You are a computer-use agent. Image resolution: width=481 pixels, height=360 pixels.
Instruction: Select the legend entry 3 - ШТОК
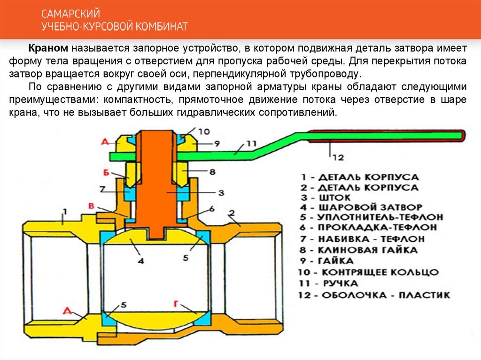[324, 198]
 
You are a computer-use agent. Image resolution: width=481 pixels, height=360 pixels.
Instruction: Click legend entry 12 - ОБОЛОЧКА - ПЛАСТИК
[374, 295]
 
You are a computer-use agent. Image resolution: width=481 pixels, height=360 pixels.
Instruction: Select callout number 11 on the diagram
[252, 143]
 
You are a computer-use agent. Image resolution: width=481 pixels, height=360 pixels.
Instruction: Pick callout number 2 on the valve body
[232, 214]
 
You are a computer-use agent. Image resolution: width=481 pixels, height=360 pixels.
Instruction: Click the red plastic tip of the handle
[463, 136]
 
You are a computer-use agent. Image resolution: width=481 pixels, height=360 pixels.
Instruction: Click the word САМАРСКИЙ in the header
[70, 14]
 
